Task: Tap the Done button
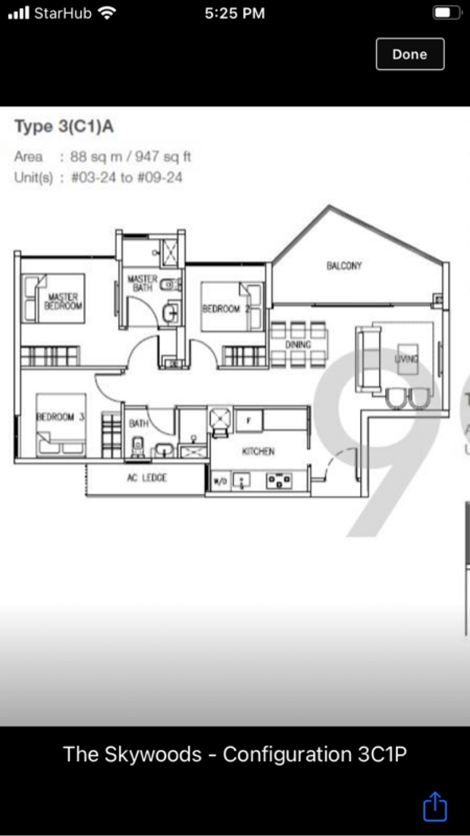coord(409,54)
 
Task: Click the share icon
coord(435,806)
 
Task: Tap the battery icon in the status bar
coord(446,13)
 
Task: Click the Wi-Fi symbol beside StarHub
coord(107,13)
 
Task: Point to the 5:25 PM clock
coord(234,13)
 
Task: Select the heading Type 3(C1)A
coord(64,126)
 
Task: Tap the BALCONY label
coord(344,266)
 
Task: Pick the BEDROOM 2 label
coord(221,308)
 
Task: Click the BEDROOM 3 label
coord(61,417)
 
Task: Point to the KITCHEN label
coord(258,451)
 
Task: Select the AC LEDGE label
coord(147,478)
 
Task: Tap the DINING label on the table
coord(298,345)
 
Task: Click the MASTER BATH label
coord(142,283)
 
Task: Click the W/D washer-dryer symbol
coord(220,482)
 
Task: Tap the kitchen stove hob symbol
coord(279,481)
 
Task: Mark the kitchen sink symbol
coord(241,481)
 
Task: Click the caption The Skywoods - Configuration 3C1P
coord(234,754)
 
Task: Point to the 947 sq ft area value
coord(163,157)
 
